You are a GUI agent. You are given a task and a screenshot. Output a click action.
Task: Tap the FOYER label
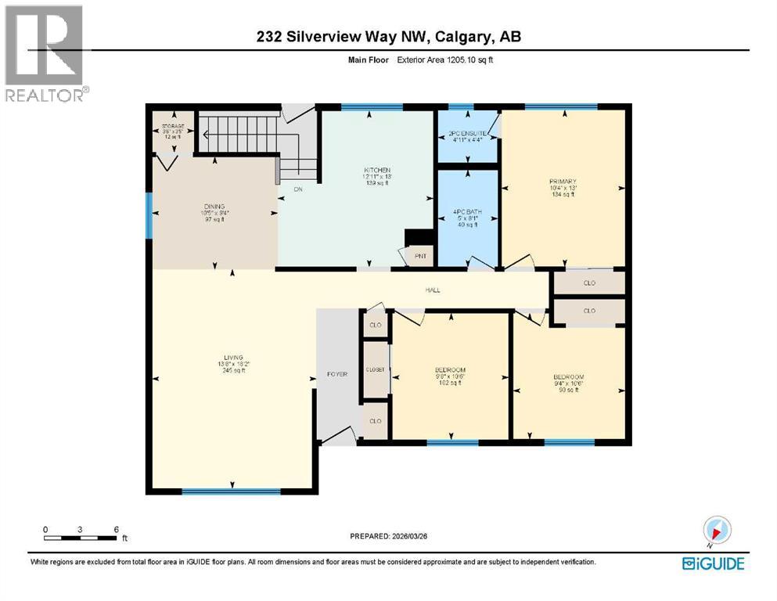click(336, 374)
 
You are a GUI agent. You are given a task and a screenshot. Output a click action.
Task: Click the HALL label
click(432, 290)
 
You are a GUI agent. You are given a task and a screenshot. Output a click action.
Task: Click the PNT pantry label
click(419, 255)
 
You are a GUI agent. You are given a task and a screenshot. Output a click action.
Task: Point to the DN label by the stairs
click(297, 189)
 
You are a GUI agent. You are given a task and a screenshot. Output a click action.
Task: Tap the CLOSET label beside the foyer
click(375, 369)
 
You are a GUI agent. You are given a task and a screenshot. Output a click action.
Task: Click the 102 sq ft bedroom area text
click(450, 383)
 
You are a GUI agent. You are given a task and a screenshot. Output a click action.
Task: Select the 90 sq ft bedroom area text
click(568, 390)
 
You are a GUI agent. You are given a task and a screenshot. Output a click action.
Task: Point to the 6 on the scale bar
click(116, 530)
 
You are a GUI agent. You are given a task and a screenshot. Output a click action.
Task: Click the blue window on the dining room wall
click(149, 216)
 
